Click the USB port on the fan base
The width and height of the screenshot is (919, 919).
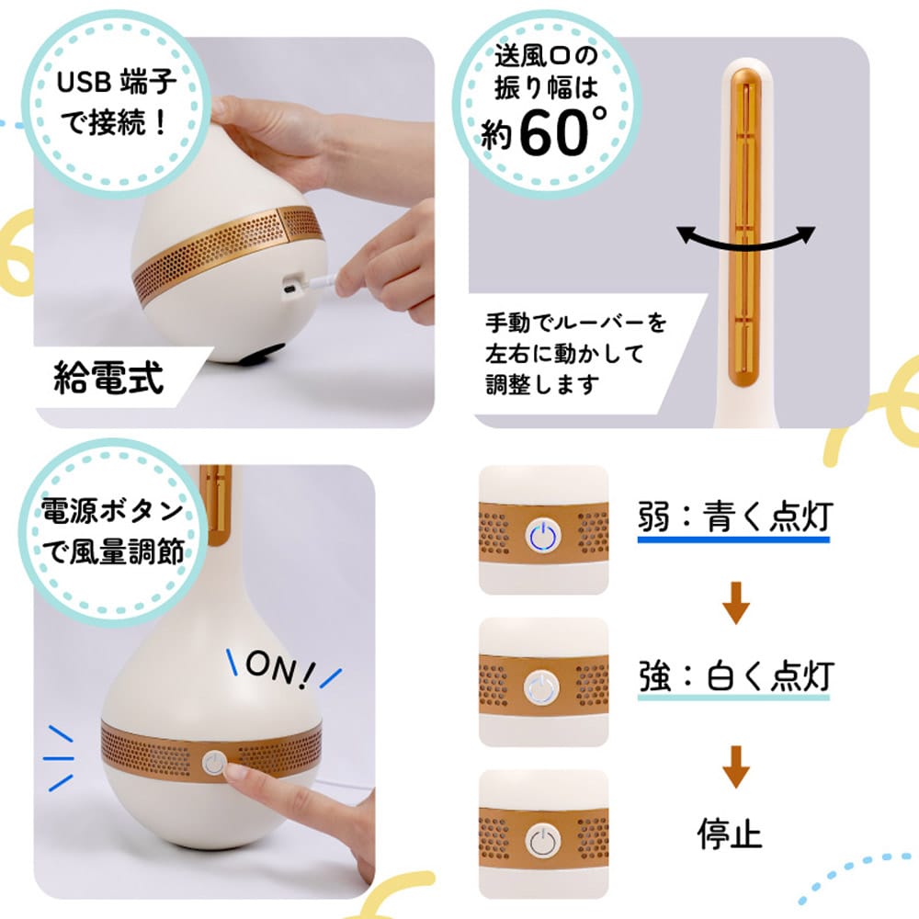point(289,289)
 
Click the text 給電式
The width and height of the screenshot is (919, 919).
point(108,377)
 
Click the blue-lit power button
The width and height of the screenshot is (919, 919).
point(543,535)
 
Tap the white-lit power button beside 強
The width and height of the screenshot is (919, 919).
point(543,687)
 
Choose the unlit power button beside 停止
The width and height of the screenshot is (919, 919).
point(543,841)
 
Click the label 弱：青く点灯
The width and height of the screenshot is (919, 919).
point(734,516)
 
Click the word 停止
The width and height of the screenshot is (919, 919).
point(730,833)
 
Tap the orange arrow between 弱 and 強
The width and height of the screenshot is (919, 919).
point(735,602)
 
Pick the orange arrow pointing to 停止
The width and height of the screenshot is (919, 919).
point(735,766)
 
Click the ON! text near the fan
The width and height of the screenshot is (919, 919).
point(279,668)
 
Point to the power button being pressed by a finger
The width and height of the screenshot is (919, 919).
point(214,763)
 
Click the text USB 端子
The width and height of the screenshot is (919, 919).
point(117,82)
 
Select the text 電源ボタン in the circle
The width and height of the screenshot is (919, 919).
point(112,511)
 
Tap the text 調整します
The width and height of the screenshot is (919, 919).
point(543,384)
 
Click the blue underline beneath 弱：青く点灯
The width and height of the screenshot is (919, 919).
point(733,539)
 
